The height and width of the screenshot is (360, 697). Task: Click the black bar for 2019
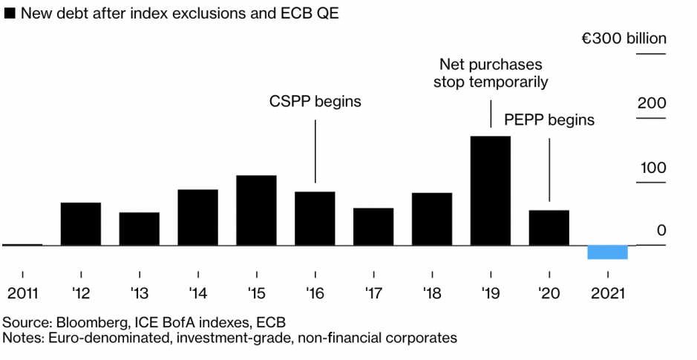tap(491, 190)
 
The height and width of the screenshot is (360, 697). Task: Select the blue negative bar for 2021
tap(607, 252)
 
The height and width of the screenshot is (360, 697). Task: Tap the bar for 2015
tap(256, 210)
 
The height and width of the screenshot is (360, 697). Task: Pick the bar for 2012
tap(80, 223)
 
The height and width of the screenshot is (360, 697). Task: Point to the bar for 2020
tap(549, 227)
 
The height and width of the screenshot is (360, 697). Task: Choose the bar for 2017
tap(373, 226)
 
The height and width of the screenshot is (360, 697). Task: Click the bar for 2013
tap(139, 229)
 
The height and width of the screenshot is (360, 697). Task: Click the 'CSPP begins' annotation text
tap(315, 102)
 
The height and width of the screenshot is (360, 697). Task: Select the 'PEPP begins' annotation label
tap(549, 120)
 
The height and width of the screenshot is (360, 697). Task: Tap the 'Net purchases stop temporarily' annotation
tap(491, 73)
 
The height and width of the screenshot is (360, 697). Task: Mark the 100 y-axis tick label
tap(652, 168)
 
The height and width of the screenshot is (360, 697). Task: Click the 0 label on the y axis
tap(661, 232)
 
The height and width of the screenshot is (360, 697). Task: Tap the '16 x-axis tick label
tap(315, 292)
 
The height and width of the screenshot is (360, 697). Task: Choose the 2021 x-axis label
tap(607, 292)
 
